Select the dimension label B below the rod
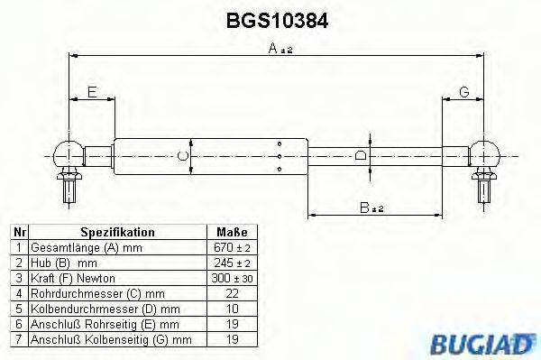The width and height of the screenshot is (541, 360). pyautogui.click(x=371, y=208)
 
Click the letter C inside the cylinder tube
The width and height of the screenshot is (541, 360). pyautogui.click(x=184, y=155)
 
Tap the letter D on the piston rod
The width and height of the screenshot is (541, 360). pyautogui.click(x=361, y=155)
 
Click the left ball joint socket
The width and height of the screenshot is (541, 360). pyautogui.click(x=69, y=152)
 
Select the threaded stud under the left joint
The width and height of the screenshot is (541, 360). pyautogui.click(x=69, y=189)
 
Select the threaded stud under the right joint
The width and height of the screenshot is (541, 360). pyautogui.click(x=485, y=189)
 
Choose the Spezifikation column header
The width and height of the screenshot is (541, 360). pyautogui.click(x=117, y=232)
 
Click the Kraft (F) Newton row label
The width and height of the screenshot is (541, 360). pyautogui.click(x=72, y=277)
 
